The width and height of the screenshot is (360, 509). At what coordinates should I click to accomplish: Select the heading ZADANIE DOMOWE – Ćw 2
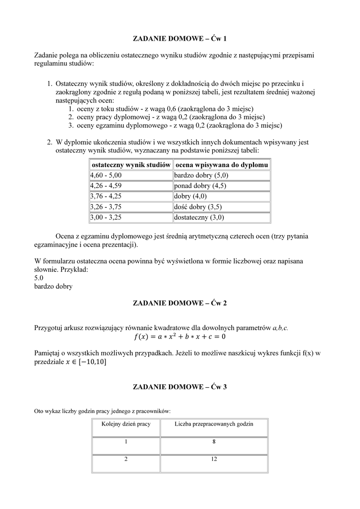point(180,303)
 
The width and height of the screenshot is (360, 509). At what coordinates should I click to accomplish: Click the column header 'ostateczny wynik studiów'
point(131,165)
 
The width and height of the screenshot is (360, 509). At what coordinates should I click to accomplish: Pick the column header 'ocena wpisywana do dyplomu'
point(222,165)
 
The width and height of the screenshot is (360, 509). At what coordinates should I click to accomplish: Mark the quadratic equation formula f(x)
point(180,337)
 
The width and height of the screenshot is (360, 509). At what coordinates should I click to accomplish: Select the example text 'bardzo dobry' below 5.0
point(53,286)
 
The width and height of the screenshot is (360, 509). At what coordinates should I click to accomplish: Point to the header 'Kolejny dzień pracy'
point(126,424)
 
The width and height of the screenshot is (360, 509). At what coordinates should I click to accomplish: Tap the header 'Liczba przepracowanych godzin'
point(214,424)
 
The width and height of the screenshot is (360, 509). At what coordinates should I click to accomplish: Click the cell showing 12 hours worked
point(214,459)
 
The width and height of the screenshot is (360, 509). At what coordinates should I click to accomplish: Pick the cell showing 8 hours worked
point(214,441)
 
